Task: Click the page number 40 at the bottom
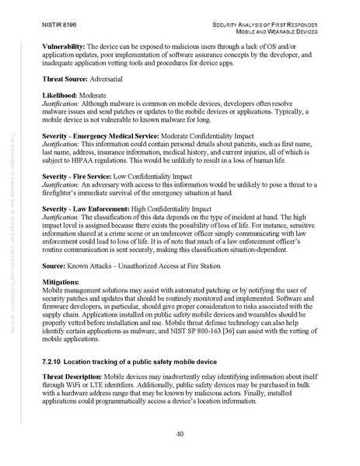pyautogui.click(x=180, y=434)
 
